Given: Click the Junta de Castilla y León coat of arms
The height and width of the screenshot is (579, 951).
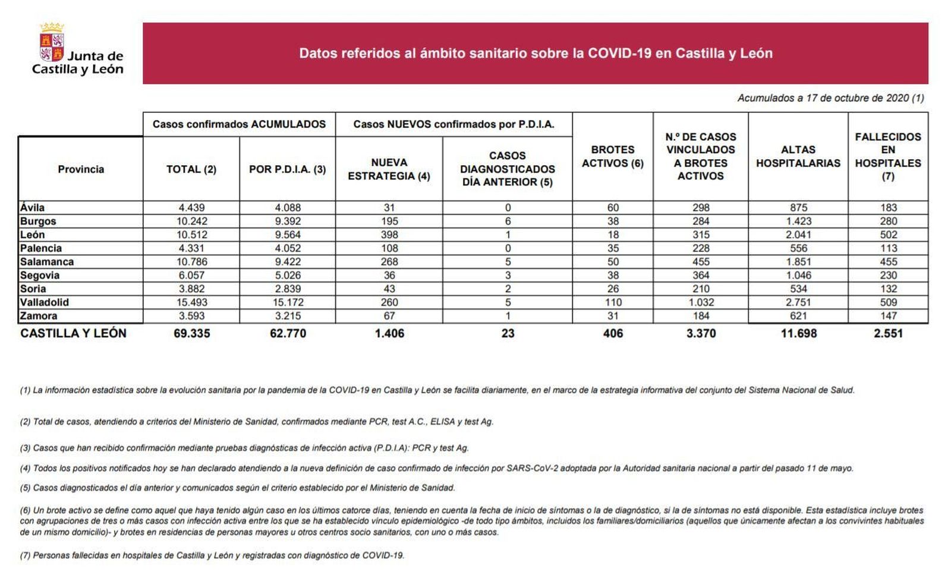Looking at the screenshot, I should tap(52, 43).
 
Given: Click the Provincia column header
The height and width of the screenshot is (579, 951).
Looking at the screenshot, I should tap(81, 169).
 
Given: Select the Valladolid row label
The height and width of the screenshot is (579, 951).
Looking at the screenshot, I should tap(45, 302).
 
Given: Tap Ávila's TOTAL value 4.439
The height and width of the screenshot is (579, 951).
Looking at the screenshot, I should tap(191, 208).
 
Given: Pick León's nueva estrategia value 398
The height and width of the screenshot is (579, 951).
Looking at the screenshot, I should tap(389, 235).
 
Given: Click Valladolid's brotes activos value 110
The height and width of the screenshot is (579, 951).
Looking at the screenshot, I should tap(613, 302).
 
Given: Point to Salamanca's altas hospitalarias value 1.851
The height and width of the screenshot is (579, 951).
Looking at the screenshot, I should tap(798, 262).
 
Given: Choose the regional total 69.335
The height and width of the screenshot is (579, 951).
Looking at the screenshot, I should tap(191, 333).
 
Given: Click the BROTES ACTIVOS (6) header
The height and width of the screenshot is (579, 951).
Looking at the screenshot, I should tap(613, 157).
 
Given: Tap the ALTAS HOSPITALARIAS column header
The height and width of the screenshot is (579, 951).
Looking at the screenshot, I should tap(798, 157).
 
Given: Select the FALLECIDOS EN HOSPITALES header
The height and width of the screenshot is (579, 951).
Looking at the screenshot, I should tap(888, 156).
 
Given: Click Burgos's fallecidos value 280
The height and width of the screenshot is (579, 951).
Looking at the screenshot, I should tap(888, 222).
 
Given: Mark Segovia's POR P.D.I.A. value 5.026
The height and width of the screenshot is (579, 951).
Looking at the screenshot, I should tap(288, 276).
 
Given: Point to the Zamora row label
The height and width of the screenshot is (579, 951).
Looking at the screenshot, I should tap(39, 316).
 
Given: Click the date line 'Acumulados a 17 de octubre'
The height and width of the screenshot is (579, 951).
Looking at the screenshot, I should tap(830, 98).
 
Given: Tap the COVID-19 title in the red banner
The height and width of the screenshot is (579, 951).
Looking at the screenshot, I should tap(536, 53).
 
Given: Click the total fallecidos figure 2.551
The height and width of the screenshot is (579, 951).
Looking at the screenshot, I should tap(888, 333).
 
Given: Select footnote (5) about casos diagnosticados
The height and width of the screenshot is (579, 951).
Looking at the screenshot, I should tap(237, 488).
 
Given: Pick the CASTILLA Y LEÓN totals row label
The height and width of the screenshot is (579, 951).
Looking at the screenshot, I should tap(73, 333).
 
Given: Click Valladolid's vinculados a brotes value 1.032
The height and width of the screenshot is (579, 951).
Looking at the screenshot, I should tap(701, 302).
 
